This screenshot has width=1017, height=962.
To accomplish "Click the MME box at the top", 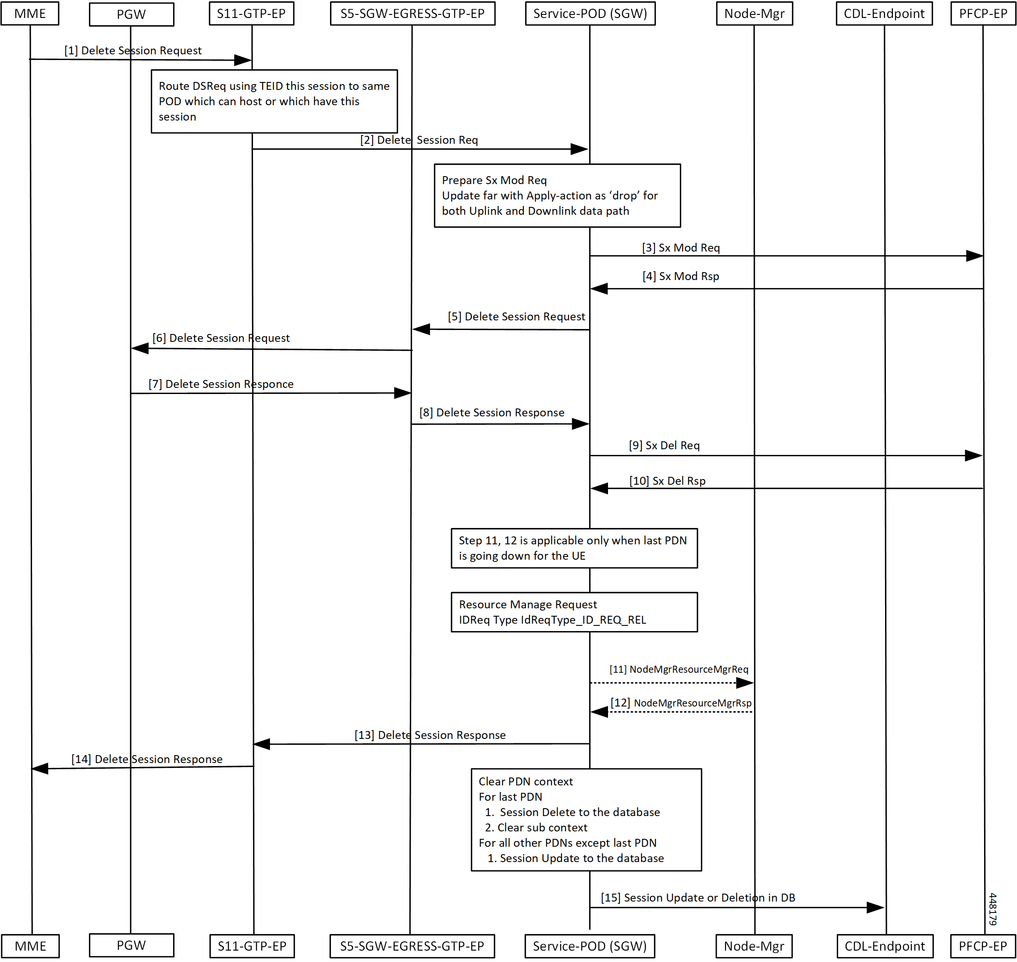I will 30,13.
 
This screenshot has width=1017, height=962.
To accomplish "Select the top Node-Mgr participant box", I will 754,13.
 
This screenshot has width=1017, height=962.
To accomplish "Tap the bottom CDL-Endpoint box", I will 884,946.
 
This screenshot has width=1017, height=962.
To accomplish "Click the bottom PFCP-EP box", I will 983,946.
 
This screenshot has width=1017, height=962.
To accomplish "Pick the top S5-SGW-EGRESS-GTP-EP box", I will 412,13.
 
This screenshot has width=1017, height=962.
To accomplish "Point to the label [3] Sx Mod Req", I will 681,248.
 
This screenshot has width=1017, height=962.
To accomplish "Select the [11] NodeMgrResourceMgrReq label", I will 679,669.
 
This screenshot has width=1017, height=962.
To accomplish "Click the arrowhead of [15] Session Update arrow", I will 875,908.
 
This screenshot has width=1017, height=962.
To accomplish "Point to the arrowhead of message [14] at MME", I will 40,768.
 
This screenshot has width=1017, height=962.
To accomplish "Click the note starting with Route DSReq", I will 274,101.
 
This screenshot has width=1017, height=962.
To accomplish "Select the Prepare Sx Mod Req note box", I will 557,195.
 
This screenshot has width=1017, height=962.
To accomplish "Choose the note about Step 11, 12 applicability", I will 574,548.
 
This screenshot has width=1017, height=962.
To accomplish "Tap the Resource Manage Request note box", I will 574,612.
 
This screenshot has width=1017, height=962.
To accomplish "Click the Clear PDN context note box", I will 586,820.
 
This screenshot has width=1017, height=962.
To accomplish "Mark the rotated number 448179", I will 992,909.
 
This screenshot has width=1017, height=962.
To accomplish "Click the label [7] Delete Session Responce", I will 221,384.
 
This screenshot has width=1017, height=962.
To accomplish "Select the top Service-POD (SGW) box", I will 590,13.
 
